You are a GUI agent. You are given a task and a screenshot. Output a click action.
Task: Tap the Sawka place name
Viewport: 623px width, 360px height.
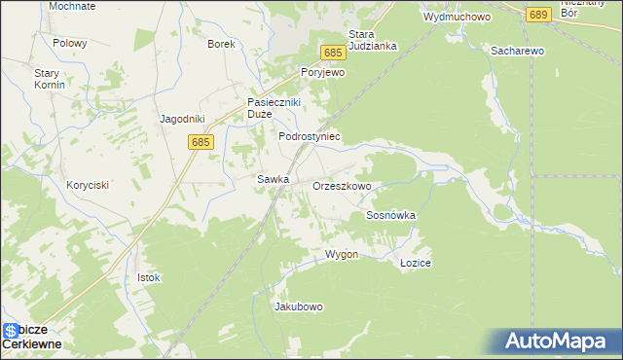coord(272,179)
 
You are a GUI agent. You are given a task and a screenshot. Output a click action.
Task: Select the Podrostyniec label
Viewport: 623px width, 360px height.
coord(309,137)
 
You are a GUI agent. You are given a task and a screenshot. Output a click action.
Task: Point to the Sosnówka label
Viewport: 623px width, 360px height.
coord(390,215)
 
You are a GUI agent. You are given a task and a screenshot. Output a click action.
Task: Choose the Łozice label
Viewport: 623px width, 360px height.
coord(416,264)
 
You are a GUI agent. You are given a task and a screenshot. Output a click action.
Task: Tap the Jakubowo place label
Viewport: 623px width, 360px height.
coord(299,306)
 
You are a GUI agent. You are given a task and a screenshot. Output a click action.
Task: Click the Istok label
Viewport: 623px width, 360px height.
coord(148,277)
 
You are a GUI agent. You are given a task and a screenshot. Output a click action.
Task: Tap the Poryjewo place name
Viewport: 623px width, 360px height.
coord(324,73)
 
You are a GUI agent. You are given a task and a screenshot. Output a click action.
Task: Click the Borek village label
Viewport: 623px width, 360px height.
coord(222,44)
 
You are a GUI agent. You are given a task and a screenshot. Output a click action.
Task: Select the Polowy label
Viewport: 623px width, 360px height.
coord(70,44)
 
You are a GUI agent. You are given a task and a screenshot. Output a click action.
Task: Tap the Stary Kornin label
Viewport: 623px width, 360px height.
coord(50,79)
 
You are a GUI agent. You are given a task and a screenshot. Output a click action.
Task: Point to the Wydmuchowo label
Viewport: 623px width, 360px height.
coord(457,17)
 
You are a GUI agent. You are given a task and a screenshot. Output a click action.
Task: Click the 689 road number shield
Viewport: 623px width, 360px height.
coord(538,15)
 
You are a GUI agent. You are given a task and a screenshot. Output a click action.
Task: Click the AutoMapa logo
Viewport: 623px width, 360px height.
coord(558,342)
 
